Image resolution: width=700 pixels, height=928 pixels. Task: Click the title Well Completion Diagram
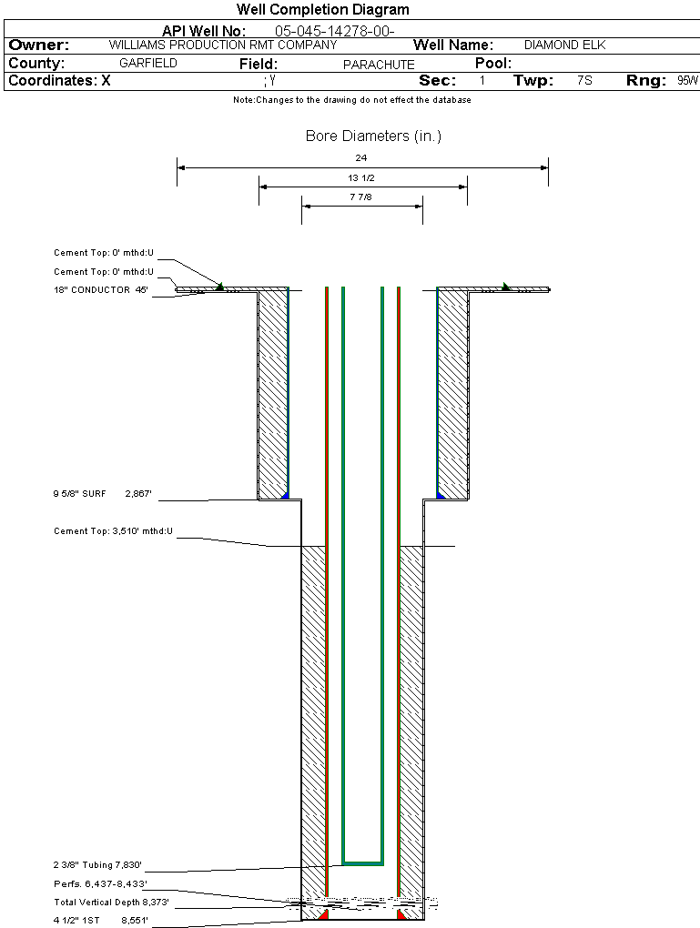[322, 10]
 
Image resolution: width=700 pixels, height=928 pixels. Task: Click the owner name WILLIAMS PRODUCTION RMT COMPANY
[222, 45]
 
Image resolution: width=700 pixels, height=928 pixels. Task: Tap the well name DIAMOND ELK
[564, 45]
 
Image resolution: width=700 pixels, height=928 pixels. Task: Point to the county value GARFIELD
[148, 64]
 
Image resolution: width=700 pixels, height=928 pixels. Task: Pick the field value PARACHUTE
[379, 65]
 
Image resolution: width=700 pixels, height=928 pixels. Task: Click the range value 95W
[687, 81]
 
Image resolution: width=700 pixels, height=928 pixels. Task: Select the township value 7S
[584, 81]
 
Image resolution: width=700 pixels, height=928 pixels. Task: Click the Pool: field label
[494, 64]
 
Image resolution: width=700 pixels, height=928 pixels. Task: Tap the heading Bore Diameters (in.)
[373, 136]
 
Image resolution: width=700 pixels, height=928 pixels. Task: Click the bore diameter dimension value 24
[361, 157]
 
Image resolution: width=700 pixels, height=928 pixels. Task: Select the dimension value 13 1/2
[361, 177]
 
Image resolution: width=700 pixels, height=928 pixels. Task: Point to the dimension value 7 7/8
[361, 197]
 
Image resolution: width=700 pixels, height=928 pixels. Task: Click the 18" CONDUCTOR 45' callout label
[101, 290]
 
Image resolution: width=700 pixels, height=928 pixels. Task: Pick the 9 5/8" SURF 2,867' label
[102, 493]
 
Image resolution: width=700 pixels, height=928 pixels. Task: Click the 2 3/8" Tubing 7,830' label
[97, 865]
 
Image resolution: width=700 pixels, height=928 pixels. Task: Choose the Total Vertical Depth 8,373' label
[111, 903]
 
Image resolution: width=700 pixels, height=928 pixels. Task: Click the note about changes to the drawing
[351, 100]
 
